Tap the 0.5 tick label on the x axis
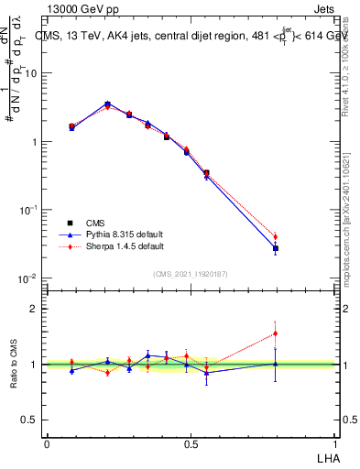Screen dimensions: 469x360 191,444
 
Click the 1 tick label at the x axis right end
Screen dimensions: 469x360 336,444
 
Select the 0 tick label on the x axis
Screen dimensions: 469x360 47,444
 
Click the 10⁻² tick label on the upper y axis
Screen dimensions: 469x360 28,278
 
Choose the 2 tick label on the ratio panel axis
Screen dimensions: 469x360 35,309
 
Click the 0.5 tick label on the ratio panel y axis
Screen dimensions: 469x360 31,420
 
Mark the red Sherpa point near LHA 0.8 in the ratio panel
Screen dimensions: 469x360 275,333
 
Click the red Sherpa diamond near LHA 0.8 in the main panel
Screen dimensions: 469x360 275,236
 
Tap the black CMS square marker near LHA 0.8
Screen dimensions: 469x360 275,248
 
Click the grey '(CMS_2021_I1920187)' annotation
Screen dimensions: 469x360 191,273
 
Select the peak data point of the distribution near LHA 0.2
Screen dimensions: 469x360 108,104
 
